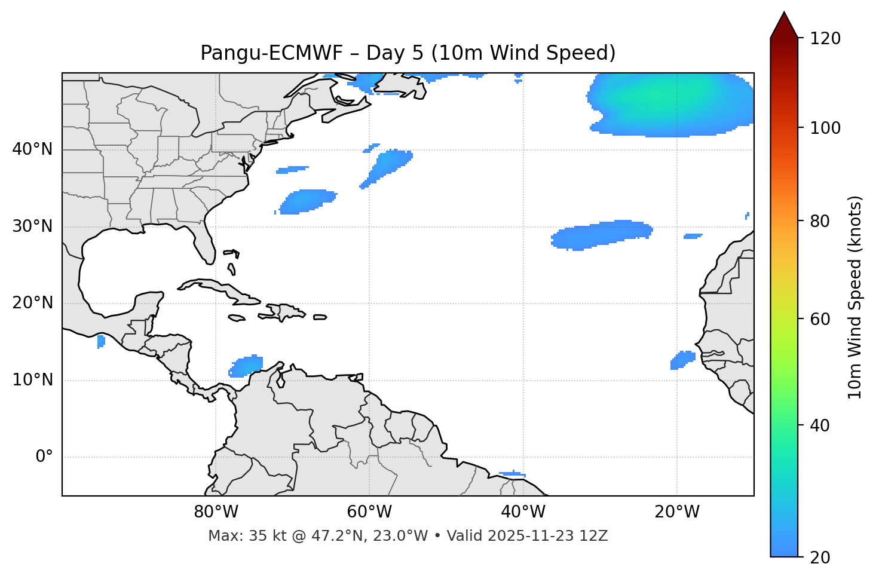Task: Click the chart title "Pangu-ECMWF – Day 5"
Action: (408, 53)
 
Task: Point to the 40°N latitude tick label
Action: (32, 149)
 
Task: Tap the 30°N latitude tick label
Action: (32, 226)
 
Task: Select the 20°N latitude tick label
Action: (32, 303)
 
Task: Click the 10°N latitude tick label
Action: (32, 380)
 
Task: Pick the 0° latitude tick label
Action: (44, 457)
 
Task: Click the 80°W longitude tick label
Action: (216, 512)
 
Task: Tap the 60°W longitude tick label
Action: (369, 512)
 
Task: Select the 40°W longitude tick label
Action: (523, 512)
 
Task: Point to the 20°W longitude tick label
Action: (676, 512)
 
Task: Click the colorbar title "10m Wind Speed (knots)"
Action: (855, 298)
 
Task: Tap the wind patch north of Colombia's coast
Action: (246, 366)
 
